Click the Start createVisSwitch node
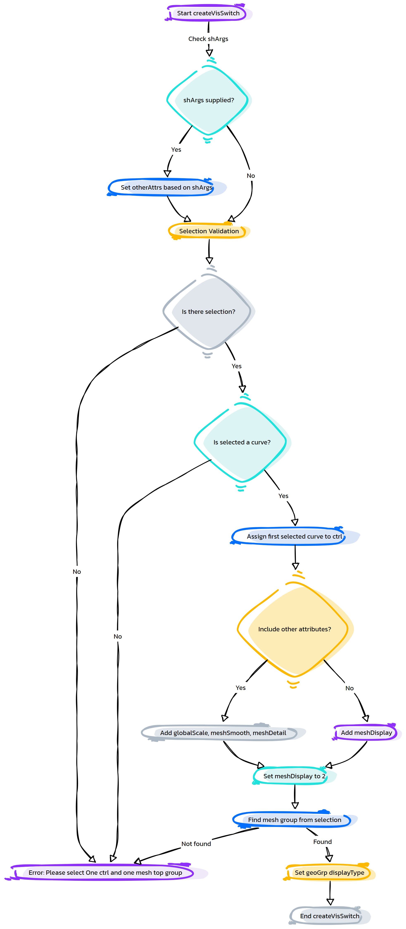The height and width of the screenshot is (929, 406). (x=208, y=13)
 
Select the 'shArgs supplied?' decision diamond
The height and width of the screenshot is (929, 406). (x=208, y=100)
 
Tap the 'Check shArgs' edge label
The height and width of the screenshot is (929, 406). (x=208, y=39)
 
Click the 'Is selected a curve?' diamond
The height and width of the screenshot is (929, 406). (x=242, y=442)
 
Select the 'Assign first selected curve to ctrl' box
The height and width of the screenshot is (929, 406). (x=295, y=536)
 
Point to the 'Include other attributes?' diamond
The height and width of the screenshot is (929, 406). (x=295, y=629)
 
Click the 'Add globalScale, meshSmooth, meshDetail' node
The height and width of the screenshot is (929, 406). (x=223, y=733)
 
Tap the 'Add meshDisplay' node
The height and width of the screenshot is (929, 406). (x=366, y=732)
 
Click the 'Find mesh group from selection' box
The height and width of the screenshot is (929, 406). (x=295, y=820)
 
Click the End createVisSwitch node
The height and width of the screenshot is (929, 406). (x=330, y=916)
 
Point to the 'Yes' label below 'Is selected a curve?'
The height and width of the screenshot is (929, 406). (x=283, y=496)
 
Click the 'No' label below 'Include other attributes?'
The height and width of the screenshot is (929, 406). (x=349, y=688)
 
